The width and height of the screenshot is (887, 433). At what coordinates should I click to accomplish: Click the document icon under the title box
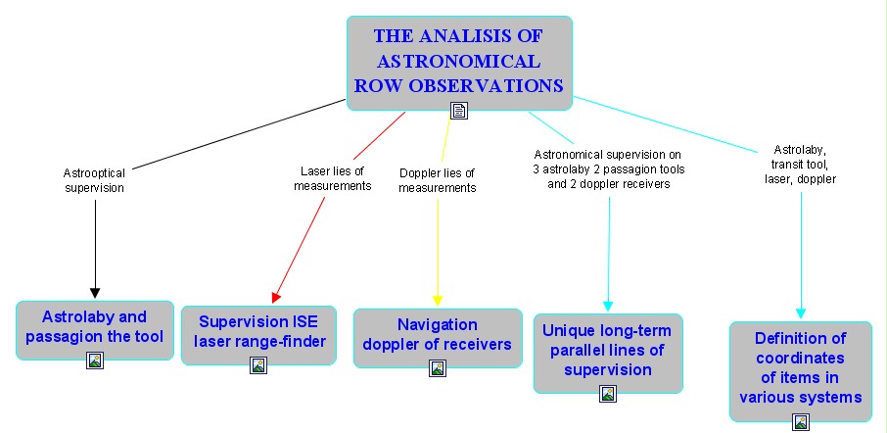click(459, 111)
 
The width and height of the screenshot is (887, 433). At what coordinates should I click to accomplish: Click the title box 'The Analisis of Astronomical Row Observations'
click(459, 63)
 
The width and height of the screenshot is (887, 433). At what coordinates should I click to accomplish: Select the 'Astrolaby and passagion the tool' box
click(94, 330)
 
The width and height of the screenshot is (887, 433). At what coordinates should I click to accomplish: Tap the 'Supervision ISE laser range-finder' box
click(258, 335)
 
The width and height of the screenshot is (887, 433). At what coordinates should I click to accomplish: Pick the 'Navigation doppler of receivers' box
click(438, 338)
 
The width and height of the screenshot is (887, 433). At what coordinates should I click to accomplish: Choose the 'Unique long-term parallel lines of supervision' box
click(608, 354)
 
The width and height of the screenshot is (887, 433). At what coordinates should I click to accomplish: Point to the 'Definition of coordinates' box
click(801, 371)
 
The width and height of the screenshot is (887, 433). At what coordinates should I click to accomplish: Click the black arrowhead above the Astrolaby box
click(95, 293)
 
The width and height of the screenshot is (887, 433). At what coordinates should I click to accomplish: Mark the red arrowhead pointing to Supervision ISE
click(275, 298)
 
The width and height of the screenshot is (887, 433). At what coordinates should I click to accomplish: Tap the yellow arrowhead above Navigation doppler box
click(438, 301)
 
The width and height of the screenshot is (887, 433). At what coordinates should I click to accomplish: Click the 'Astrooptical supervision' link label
click(94, 180)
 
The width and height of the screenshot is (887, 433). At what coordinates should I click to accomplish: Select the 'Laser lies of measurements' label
click(332, 177)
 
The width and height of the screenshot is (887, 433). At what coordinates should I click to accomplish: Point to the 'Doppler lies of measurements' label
click(437, 180)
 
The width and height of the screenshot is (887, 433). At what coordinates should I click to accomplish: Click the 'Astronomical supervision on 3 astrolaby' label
click(609, 168)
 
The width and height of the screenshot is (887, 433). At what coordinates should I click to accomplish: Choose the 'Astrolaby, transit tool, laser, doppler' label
click(801, 165)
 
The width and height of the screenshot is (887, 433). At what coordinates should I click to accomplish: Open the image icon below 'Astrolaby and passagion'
click(94, 360)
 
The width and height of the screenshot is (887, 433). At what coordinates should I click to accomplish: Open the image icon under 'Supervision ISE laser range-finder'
click(257, 365)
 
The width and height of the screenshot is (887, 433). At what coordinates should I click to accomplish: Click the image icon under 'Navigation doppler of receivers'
click(438, 368)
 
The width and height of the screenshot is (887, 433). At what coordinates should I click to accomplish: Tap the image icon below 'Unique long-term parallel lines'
click(608, 394)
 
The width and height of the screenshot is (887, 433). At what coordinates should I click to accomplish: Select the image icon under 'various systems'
click(801, 421)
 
